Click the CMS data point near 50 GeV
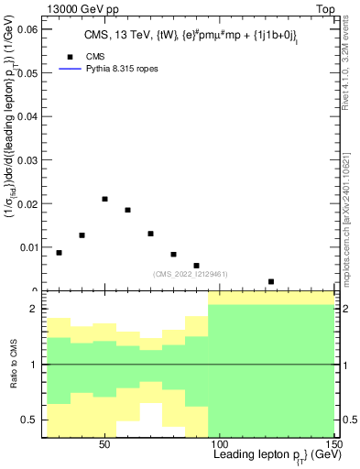[104, 199]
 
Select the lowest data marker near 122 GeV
[271, 281]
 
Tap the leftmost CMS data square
[60, 253]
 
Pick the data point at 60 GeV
[127, 210]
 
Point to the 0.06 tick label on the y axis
[27, 29]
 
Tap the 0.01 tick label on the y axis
[27, 246]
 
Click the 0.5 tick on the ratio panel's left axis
[32, 420]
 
